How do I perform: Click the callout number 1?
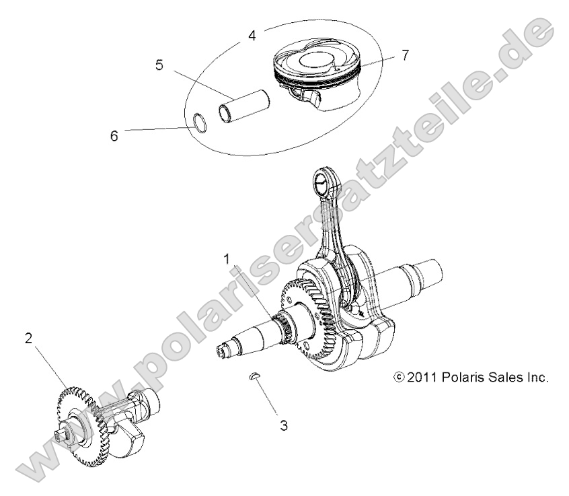coord(227,258)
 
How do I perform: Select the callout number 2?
coord(28,339)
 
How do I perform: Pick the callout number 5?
coord(159,66)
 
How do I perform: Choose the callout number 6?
coord(114,135)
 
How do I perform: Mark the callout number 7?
coord(404,55)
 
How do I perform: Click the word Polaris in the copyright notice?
coord(463,377)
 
